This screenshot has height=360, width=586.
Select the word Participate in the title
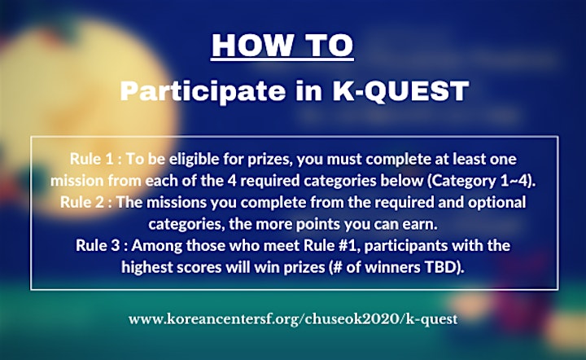coord(203,91)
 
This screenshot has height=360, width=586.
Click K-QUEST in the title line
coord(400,91)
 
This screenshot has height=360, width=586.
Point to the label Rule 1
coord(91,159)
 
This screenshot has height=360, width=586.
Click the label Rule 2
coord(82,202)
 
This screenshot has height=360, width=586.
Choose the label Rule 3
coord(98,246)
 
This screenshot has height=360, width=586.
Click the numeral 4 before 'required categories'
coord(231,181)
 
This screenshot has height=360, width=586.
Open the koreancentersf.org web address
coord(293,319)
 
